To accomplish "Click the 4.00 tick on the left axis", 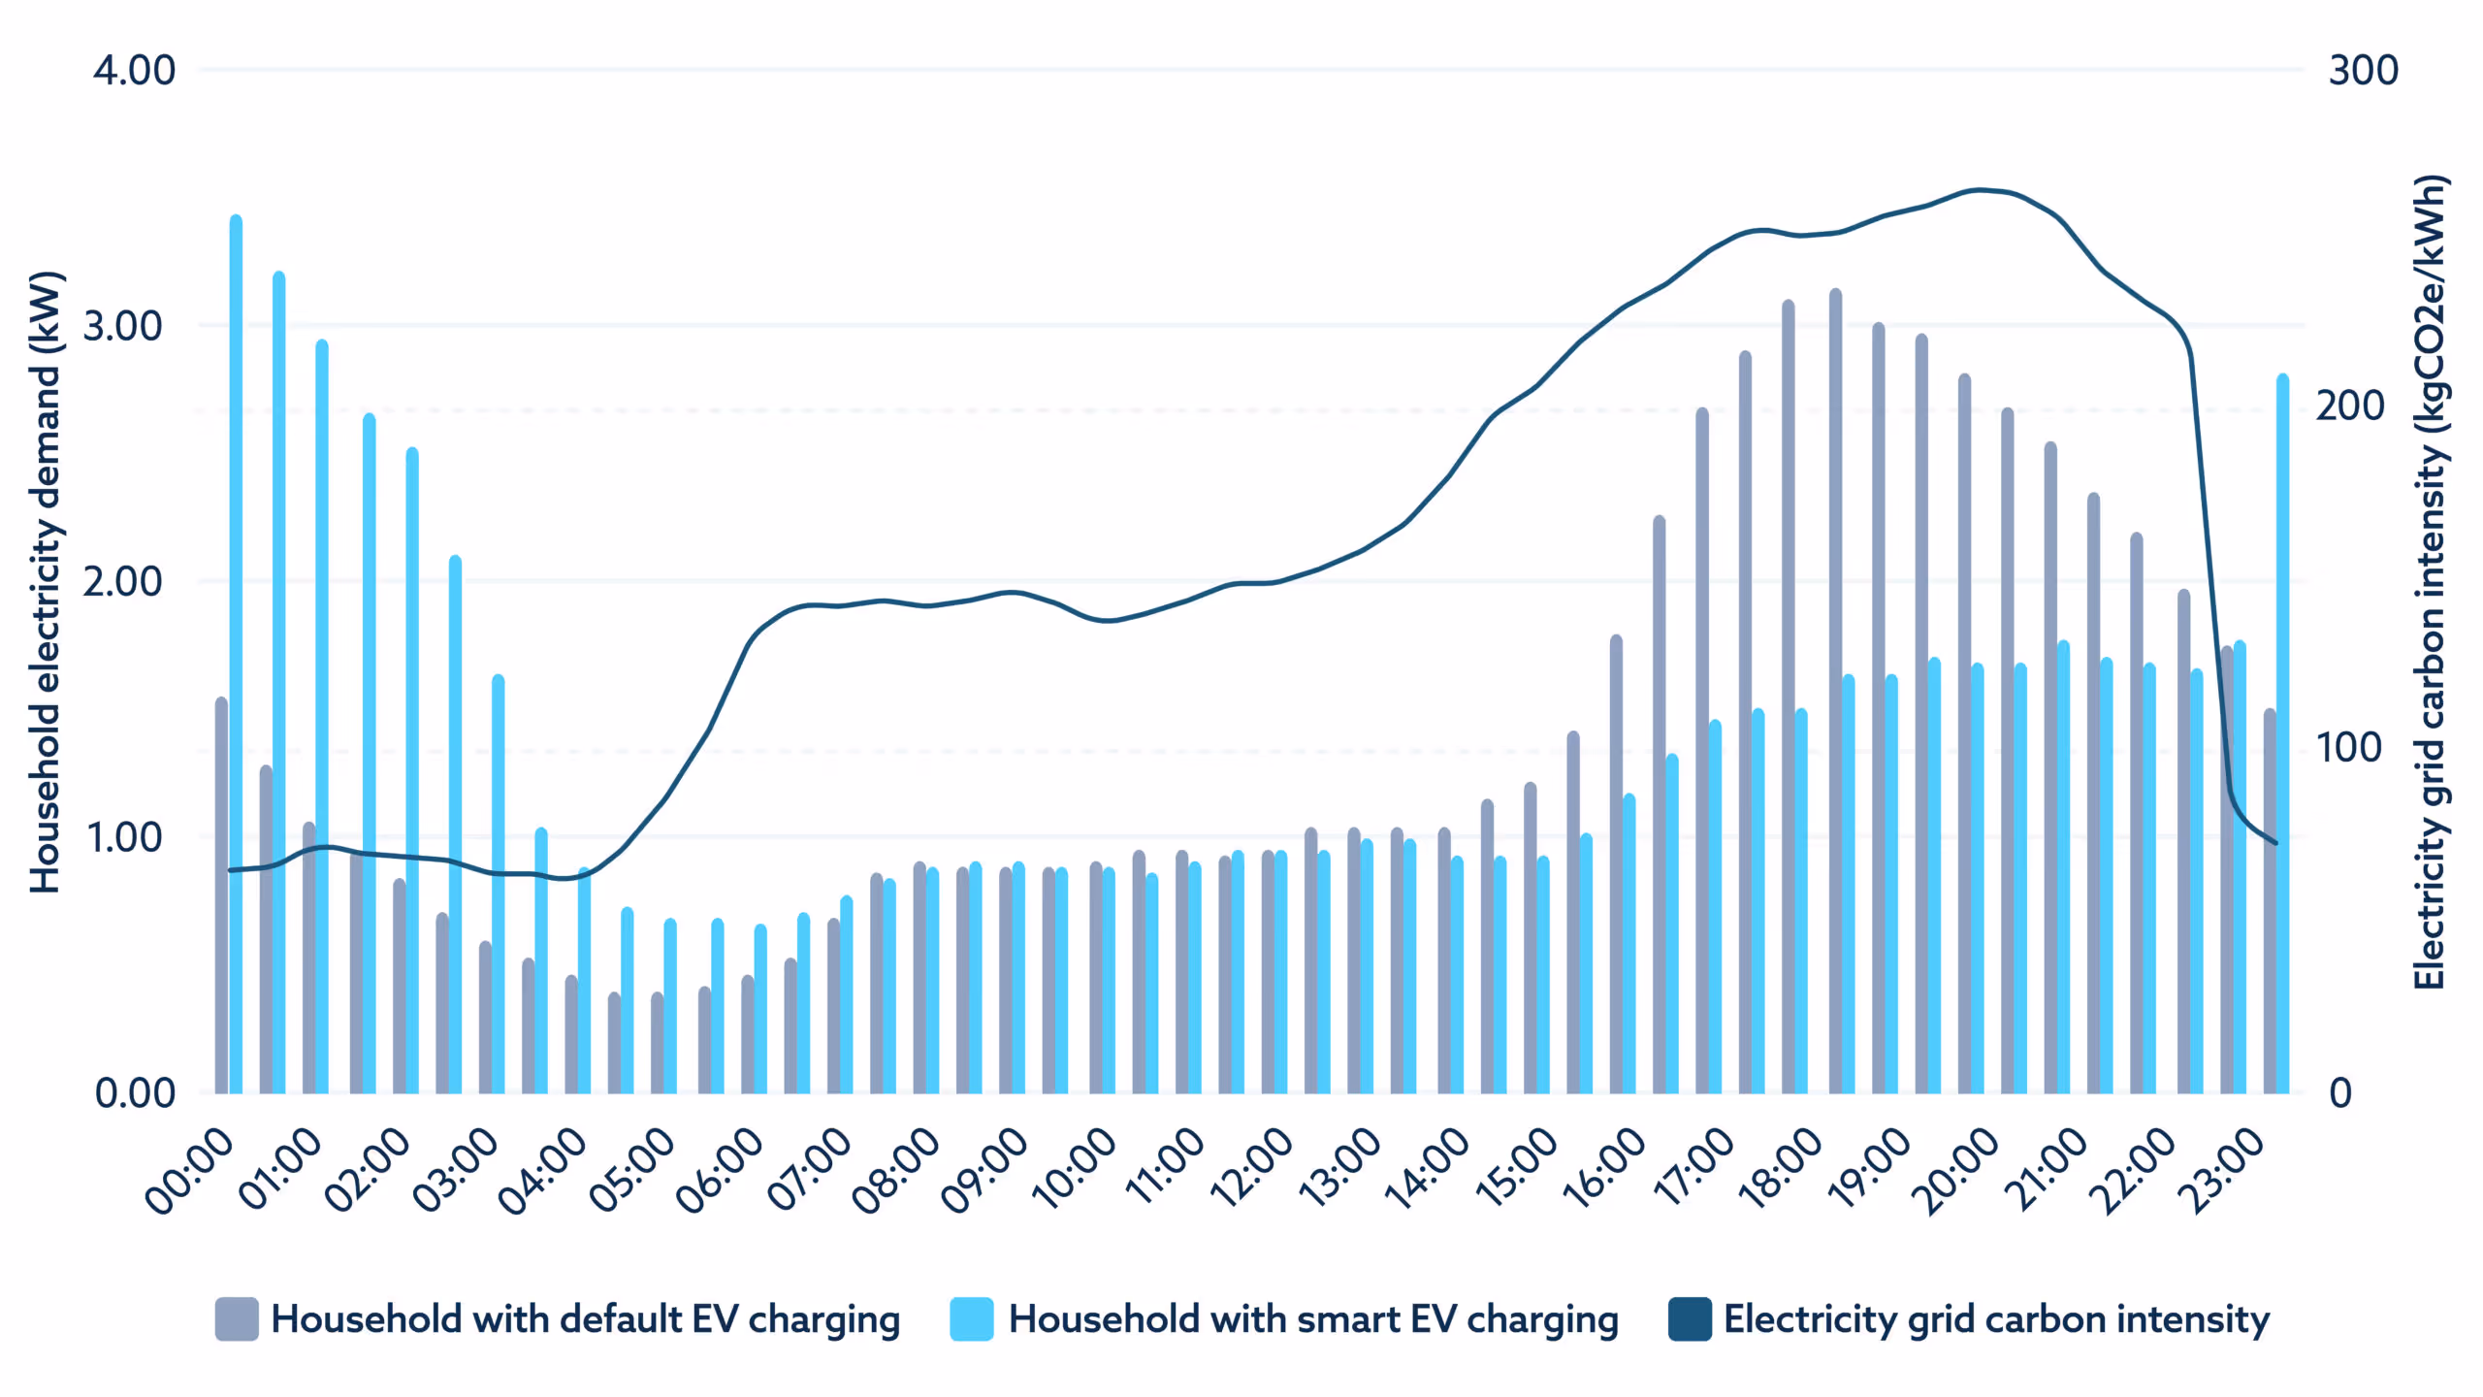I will click(134, 71).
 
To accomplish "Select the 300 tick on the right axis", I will click(2363, 71).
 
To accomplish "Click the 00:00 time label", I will click(190, 1169).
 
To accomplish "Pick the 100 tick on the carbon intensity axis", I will click(2348, 748).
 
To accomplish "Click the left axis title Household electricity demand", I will click(46, 582).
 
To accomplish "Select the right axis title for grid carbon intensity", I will click(2430, 582).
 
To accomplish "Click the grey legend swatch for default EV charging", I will click(237, 1319).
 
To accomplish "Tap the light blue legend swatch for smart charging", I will click(972, 1319).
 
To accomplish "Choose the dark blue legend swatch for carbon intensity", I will click(1690, 1319).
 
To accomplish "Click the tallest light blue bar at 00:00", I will click(236, 655).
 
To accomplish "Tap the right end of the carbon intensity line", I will click(2275, 843).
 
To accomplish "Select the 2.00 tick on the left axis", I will click(122, 582).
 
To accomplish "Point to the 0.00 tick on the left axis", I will click(134, 1093).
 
